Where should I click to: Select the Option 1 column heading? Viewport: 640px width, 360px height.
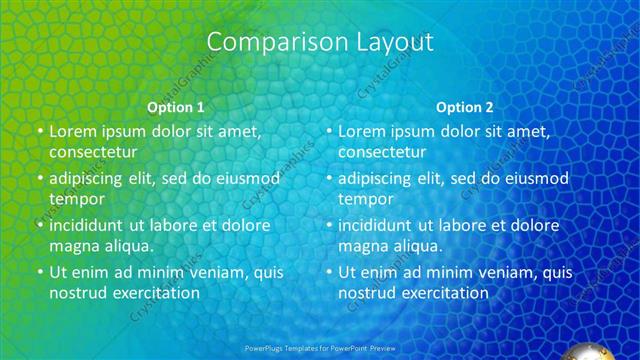pyautogui.click(x=176, y=107)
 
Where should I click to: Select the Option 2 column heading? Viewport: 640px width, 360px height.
pyautogui.click(x=465, y=107)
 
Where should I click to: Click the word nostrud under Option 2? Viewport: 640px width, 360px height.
pyautogui.click(x=367, y=293)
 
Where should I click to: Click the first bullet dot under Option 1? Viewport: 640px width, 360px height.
pyautogui.click(x=39, y=131)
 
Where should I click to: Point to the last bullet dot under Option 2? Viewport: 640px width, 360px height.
pyautogui.click(x=329, y=272)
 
